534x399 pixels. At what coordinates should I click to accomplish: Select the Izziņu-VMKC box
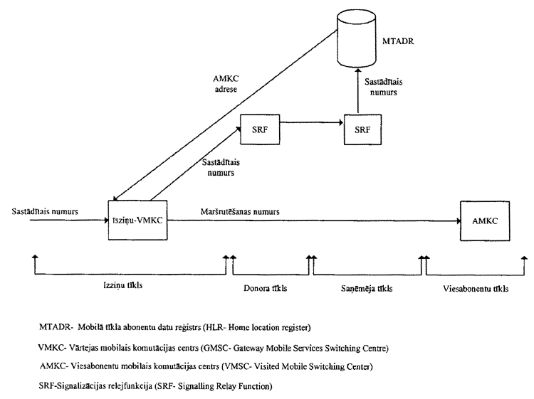point(139,220)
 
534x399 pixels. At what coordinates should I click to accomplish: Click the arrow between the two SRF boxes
point(312,124)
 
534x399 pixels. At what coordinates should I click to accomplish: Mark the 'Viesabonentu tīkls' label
point(473,289)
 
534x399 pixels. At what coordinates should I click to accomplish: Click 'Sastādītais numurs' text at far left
point(45,211)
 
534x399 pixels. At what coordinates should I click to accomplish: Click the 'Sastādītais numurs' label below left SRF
point(216,166)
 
